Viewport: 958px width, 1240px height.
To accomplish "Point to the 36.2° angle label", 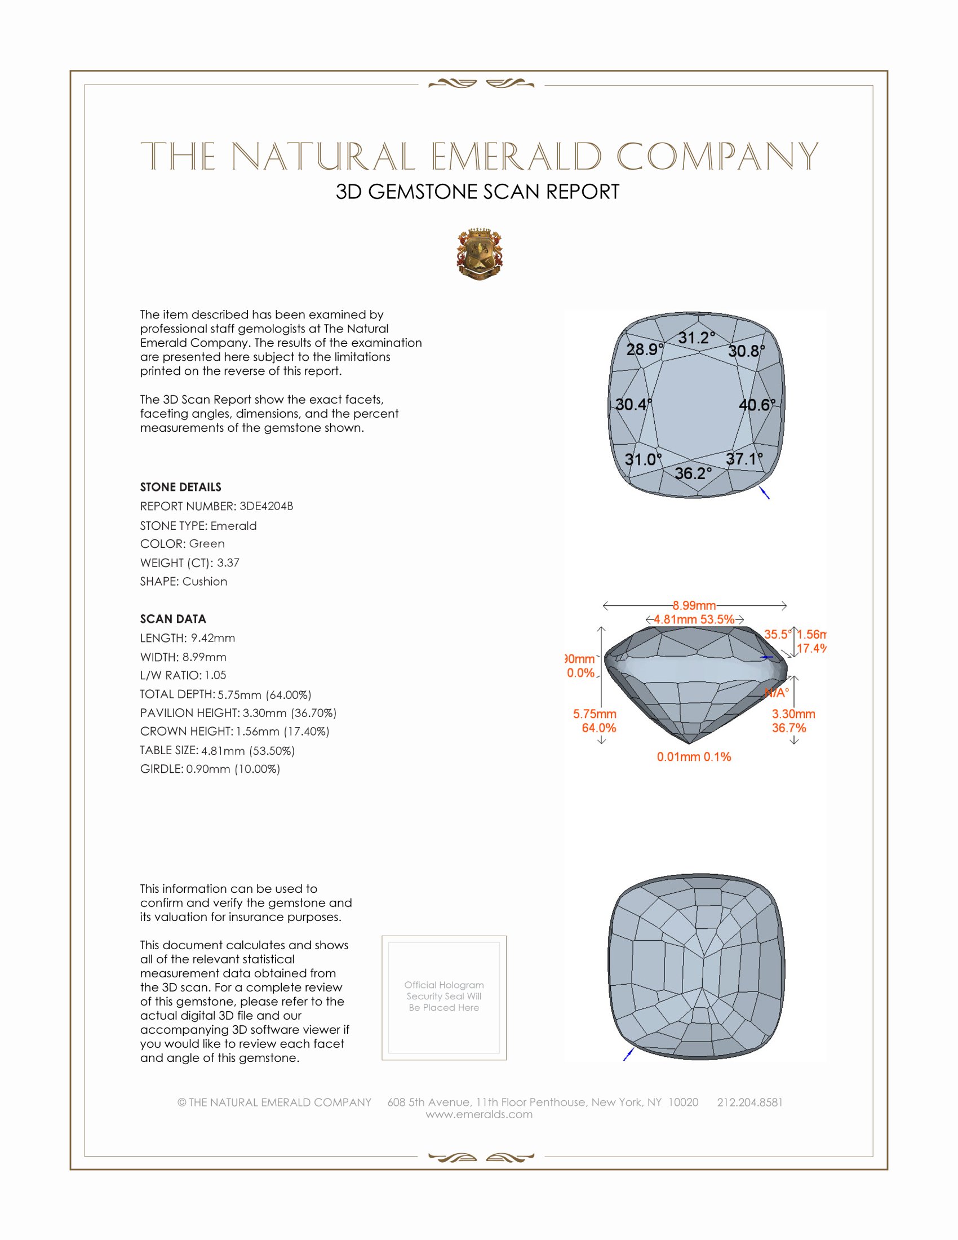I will coord(693,473).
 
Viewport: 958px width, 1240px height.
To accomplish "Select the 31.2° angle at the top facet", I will coord(697,338).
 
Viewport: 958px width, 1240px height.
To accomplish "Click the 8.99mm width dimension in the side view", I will coord(694,605).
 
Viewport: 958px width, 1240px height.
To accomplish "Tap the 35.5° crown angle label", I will coord(778,634).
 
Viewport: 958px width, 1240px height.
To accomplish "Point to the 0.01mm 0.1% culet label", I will coord(694,757).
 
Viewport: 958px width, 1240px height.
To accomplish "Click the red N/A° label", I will coord(777,693).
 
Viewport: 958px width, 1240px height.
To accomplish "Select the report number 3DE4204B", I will coord(266,506).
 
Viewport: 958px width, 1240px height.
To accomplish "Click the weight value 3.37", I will coord(228,563).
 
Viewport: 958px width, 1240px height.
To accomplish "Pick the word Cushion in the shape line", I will coord(205,582).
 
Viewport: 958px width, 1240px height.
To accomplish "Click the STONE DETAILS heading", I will coord(180,487).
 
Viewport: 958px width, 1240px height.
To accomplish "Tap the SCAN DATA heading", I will coord(173,619).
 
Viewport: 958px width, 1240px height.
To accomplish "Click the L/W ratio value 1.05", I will coord(215,675).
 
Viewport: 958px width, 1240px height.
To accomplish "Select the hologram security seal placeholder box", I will coord(444,998).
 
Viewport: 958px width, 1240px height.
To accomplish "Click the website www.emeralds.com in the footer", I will coord(479,1114).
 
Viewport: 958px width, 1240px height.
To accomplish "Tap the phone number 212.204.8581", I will coord(749,1102).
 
